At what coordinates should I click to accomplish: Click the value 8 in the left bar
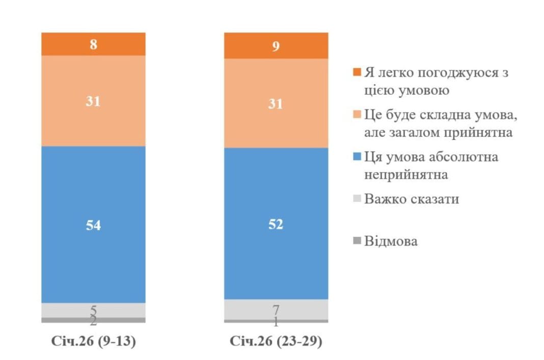pyautogui.click(x=93, y=44)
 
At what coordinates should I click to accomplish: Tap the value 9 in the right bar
pyautogui.click(x=276, y=47)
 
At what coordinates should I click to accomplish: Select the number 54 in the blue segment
pyautogui.click(x=93, y=226)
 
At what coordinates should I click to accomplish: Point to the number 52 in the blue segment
pyautogui.click(x=276, y=224)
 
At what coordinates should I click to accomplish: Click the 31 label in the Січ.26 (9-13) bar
pyautogui.click(x=93, y=101)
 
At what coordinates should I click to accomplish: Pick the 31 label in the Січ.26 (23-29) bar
pyautogui.click(x=276, y=104)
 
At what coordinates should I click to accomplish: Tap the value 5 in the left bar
pyautogui.click(x=93, y=310)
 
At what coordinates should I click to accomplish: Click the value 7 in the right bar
pyautogui.click(x=276, y=309)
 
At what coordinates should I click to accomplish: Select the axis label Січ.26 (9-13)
pyautogui.click(x=93, y=342)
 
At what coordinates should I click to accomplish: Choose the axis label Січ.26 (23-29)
pyautogui.click(x=276, y=342)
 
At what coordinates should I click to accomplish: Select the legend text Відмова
pyautogui.click(x=391, y=241)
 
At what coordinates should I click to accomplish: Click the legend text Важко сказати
pyautogui.click(x=412, y=199)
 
